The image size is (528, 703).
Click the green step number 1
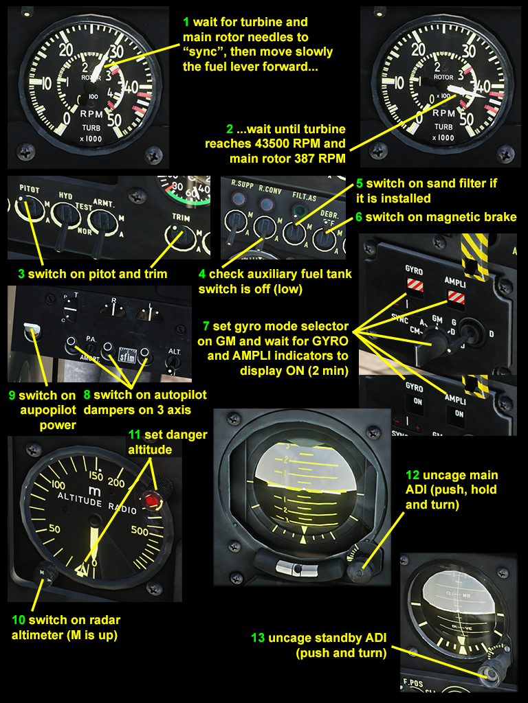click(x=186, y=23)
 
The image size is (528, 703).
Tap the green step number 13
click(x=257, y=638)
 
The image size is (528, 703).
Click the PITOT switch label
click(x=30, y=189)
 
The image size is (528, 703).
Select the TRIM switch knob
click(x=181, y=237)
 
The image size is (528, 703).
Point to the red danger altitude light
click(x=151, y=499)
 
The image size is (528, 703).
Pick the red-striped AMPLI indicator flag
click(x=456, y=296)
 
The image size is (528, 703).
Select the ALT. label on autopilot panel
click(x=173, y=351)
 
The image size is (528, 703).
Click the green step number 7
click(x=206, y=325)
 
